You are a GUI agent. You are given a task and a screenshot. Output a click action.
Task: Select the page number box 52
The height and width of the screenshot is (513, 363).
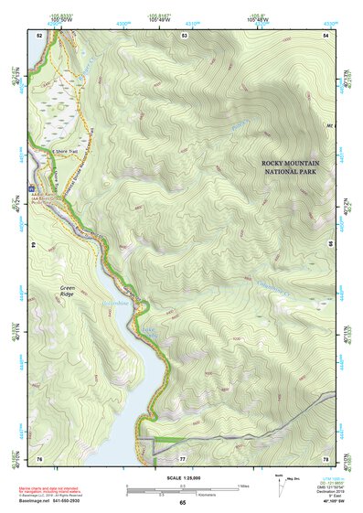coord(39,35)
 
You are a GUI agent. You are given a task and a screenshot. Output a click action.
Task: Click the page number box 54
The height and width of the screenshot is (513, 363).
coord(328,35)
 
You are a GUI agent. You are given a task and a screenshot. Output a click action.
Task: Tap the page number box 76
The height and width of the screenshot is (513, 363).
coord(39,457)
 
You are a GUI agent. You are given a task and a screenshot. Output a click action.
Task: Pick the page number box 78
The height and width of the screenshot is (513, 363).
coord(328,457)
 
